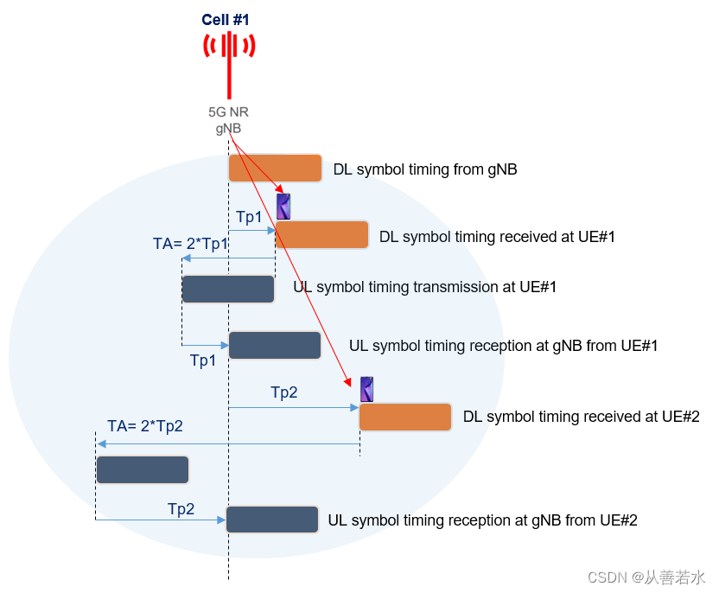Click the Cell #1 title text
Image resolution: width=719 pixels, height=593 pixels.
(x=226, y=19)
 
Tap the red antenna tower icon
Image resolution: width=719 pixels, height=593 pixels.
(x=229, y=61)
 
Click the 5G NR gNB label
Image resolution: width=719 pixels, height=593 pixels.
(x=228, y=120)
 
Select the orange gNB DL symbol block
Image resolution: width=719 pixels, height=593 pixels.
(x=275, y=168)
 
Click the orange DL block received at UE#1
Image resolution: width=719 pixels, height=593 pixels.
(x=321, y=235)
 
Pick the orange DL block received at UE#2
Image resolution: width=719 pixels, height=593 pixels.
(x=405, y=417)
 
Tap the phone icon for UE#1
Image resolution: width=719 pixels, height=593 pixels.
(x=283, y=207)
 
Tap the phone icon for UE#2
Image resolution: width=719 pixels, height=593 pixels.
(x=366, y=390)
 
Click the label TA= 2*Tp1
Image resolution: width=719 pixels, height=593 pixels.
(x=191, y=244)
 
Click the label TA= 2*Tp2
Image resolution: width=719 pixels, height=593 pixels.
(x=145, y=425)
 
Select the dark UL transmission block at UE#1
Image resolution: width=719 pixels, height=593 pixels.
(x=228, y=289)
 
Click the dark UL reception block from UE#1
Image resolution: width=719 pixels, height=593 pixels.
(x=275, y=345)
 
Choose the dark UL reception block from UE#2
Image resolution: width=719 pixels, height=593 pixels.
(x=272, y=520)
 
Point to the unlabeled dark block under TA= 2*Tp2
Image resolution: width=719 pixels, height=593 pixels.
(x=143, y=470)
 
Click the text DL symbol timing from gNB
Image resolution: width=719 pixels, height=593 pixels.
(x=425, y=169)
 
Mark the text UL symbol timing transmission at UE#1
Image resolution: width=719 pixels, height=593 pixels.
(x=424, y=287)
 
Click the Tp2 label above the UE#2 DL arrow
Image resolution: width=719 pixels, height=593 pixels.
(x=284, y=392)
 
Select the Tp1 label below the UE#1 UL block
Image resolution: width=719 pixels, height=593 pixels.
(x=203, y=360)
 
